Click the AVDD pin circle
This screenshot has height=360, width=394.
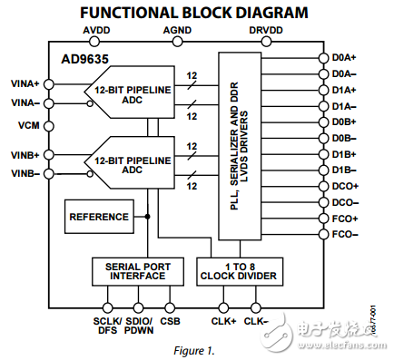[94, 42]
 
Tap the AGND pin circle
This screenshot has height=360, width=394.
[177, 42]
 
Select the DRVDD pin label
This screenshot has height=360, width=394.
[266, 30]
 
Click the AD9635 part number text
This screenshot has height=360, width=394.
[84, 59]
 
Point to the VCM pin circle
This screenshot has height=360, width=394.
[49, 126]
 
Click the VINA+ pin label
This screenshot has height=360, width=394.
[25, 83]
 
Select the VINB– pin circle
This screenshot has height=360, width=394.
[49, 174]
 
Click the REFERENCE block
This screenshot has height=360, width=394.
[99, 217]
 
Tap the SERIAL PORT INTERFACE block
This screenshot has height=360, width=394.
[138, 271]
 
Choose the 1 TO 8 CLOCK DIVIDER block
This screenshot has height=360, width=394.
[240, 271]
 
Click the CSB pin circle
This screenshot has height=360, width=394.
[170, 308]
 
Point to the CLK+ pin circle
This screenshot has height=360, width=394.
[223, 308]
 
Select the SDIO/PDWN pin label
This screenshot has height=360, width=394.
[139, 326]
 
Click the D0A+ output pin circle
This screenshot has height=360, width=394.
[323, 58]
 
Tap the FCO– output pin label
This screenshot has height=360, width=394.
[345, 235]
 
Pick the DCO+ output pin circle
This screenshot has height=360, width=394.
[323, 186]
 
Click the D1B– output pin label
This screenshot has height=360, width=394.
[344, 170]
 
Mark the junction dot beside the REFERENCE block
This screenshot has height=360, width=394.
[147, 217]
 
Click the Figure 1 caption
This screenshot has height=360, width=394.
[194, 351]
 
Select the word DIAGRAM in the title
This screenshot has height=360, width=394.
[271, 13]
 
